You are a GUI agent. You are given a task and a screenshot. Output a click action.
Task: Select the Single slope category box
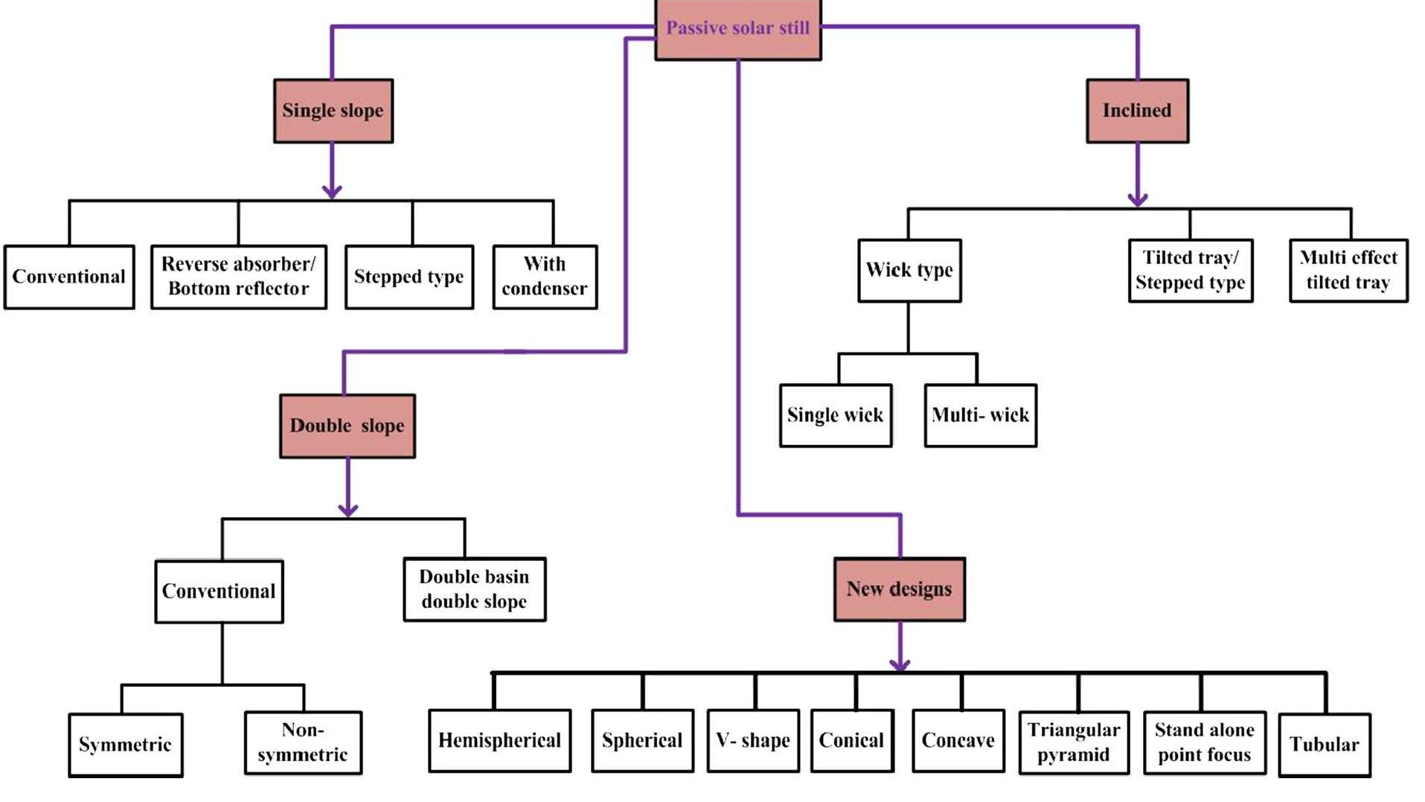[x=333, y=111]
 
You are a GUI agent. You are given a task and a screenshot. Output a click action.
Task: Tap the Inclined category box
[x=1136, y=111]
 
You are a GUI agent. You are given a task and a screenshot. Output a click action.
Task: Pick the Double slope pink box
[x=347, y=426]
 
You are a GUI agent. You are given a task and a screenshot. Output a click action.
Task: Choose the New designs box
[x=899, y=589]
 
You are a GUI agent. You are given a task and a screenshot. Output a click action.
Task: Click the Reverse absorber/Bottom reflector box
[x=238, y=277]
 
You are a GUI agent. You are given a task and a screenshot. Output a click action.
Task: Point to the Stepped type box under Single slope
[x=409, y=277]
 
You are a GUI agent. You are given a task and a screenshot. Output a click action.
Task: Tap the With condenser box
[x=544, y=277]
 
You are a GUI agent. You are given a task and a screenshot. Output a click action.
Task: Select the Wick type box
[x=909, y=270]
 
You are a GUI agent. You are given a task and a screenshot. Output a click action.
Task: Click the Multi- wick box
[x=980, y=415]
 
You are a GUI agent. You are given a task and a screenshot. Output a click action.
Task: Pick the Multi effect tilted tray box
[x=1348, y=270]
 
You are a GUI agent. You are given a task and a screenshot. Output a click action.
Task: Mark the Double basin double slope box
[x=474, y=589]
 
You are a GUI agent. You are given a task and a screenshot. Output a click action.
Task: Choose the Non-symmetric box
[x=303, y=742]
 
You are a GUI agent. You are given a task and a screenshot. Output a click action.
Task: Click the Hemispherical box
[x=499, y=741]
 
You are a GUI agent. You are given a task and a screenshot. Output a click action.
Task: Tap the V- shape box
[x=752, y=741]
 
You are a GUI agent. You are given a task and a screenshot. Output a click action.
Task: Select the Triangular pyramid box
[x=1073, y=742]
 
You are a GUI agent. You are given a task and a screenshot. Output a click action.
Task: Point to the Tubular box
[x=1324, y=745]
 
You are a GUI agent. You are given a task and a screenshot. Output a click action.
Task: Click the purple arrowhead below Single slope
[x=332, y=191]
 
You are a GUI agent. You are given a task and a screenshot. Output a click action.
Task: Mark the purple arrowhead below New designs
[x=900, y=664]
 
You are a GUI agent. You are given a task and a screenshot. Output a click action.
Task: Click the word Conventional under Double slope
[x=219, y=591]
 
